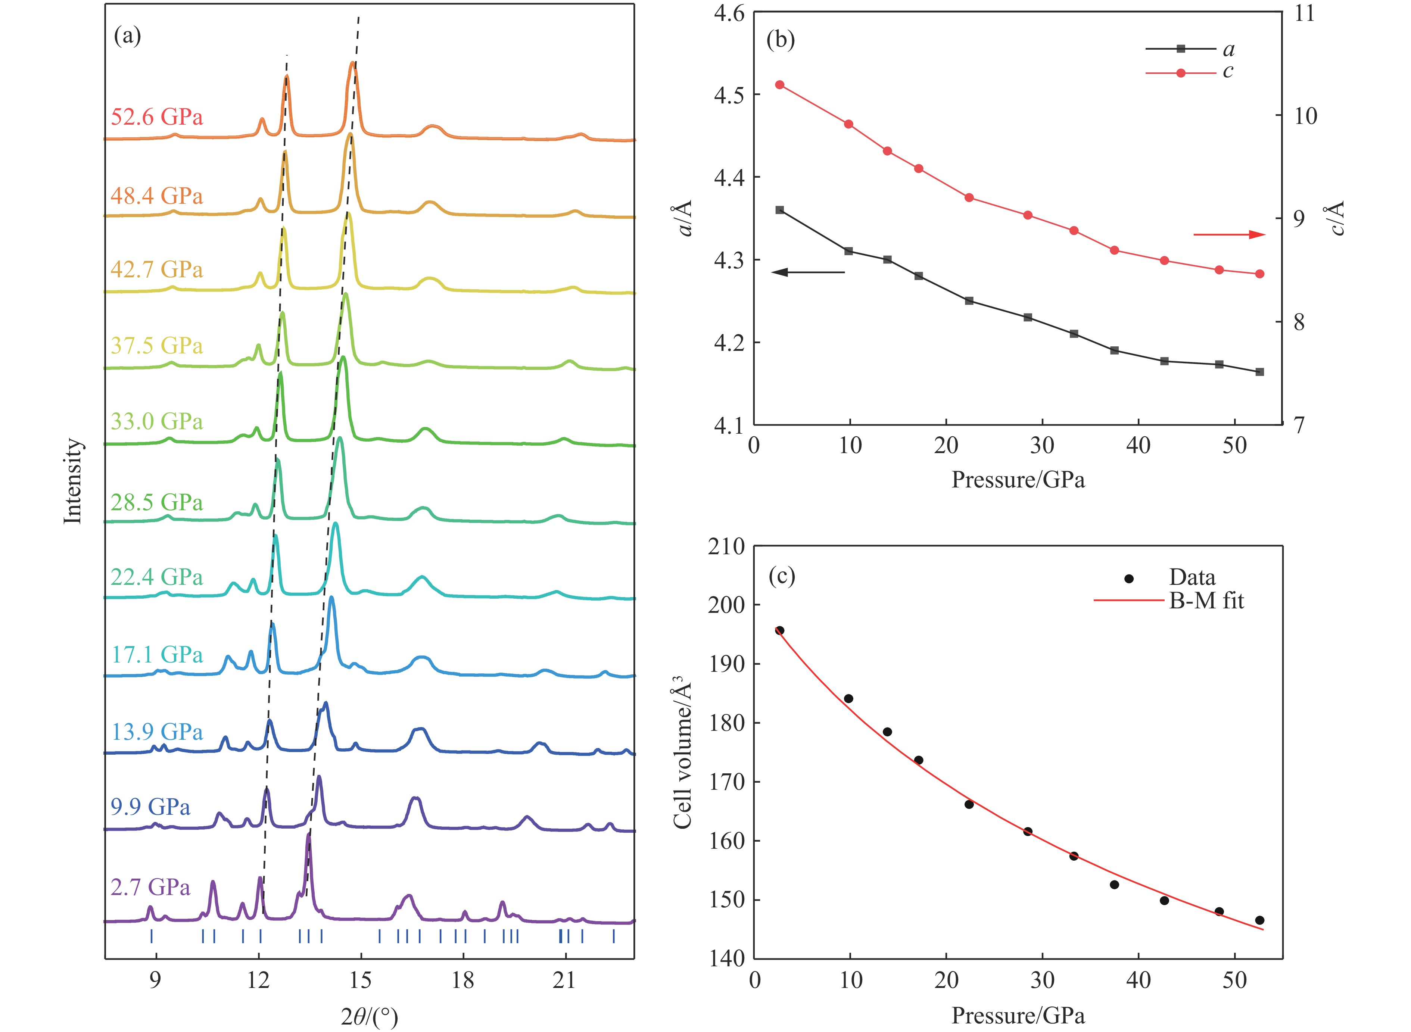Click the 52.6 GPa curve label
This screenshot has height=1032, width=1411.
click(157, 117)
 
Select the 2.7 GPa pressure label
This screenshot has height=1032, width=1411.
click(150, 887)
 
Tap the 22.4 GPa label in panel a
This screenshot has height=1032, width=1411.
click(157, 577)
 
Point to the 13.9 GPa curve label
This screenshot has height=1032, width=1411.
click(157, 732)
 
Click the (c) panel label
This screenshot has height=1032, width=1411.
click(781, 575)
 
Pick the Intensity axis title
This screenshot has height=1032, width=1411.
click(73, 481)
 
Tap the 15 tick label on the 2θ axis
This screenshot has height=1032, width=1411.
click(360, 980)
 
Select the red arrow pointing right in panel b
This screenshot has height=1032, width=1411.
click(1228, 235)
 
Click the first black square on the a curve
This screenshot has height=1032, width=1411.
click(779, 210)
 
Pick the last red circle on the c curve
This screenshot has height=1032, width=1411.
click(1259, 274)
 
